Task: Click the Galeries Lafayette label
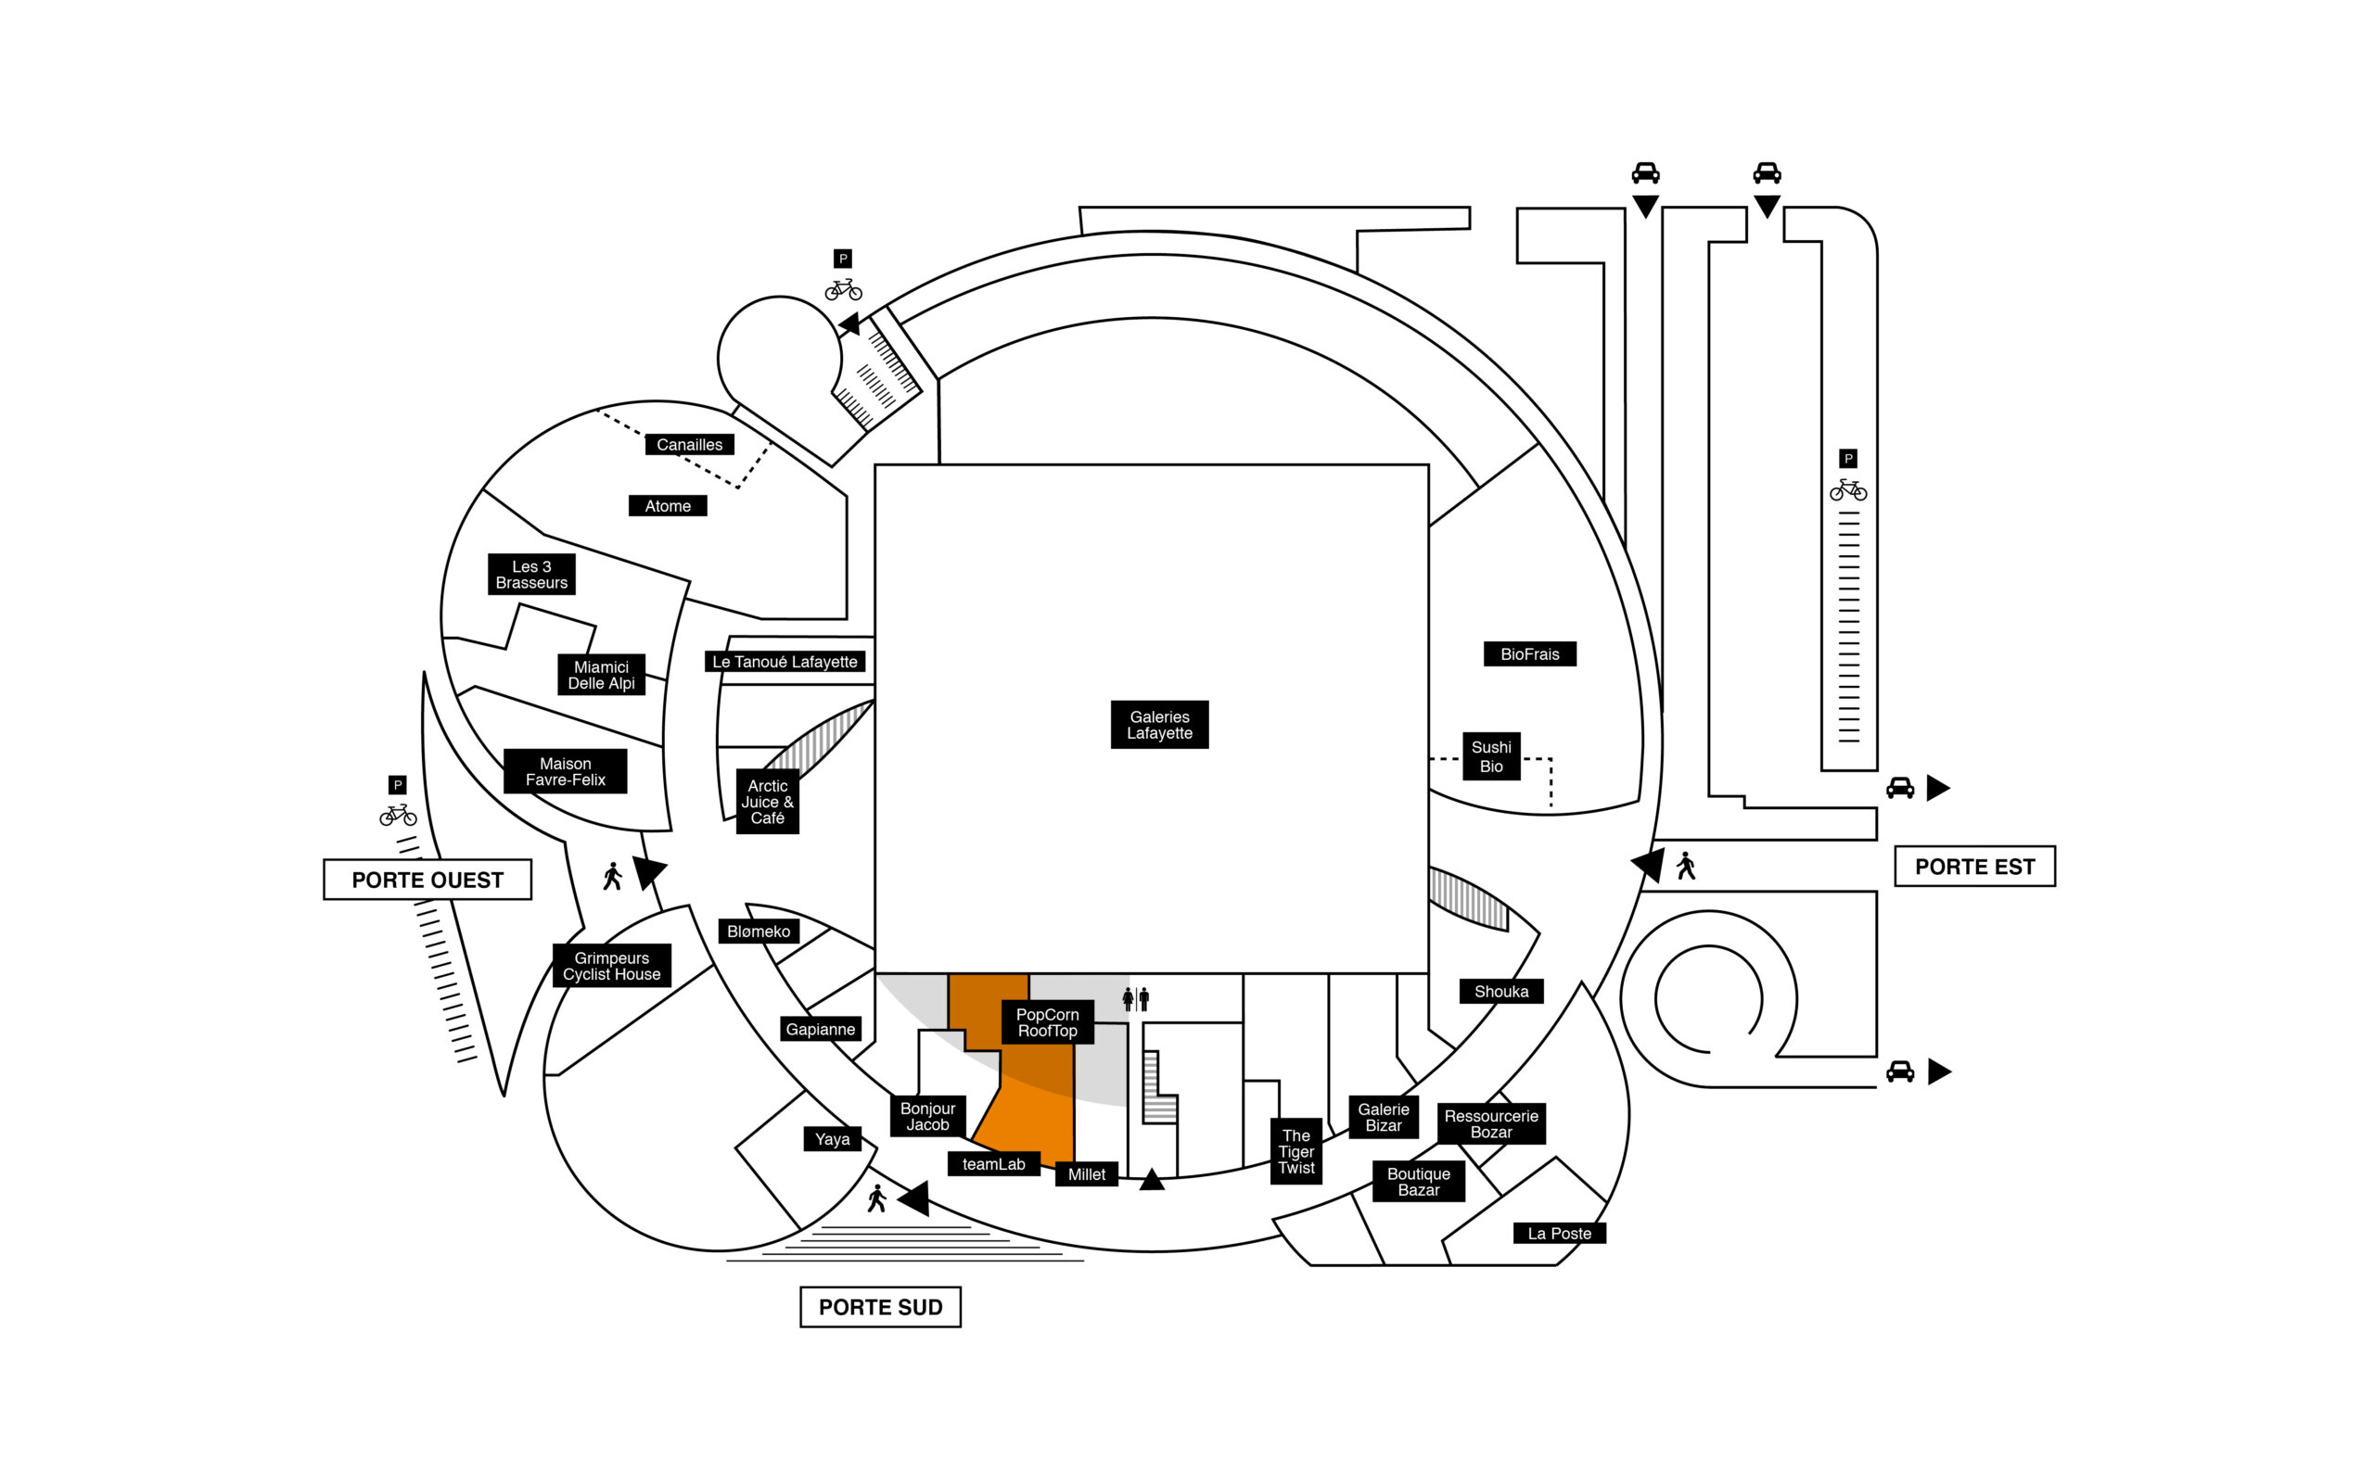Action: tap(1158, 725)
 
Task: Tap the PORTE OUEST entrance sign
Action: tap(427, 880)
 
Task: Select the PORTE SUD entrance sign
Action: tap(880, 1308)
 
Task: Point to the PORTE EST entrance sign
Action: tap(1973, 866)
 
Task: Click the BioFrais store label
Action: tap(1529, 654)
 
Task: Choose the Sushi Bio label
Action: tap(1491, 756)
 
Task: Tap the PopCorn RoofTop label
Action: tap(1047, 1022)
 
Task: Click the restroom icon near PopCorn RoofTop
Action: tap(1135, 998)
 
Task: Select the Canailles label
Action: tap(689, 444)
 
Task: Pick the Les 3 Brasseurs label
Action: tap(530, 574)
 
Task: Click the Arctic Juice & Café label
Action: tap(767, 802)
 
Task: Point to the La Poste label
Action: tap(1559, 1233)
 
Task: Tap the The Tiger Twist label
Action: tap(1295, 1151)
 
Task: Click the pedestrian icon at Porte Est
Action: tap(1685, 865)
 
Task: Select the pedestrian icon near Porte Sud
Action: tap(877, 1198)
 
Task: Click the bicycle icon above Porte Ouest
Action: tap(397, 814)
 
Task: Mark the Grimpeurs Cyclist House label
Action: tap(611, 965)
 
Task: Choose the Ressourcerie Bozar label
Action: tap(1491, 1124)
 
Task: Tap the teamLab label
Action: tap(993, 1164)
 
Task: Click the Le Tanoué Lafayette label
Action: tap(784, 661)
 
